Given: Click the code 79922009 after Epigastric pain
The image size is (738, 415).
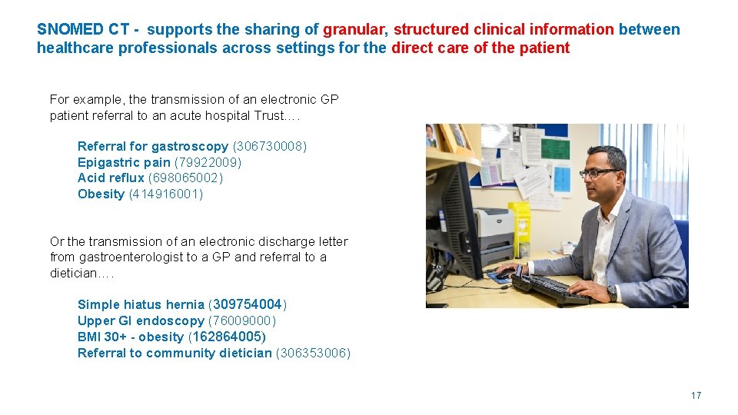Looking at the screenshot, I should point(208,162).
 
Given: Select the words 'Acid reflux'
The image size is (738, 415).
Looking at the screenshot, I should point(111,178).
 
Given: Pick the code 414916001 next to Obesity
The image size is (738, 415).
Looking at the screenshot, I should point(166,194).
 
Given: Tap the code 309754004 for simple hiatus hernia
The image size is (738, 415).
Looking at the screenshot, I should point(248,304).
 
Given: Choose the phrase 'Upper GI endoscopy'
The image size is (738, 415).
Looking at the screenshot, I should point(141,320).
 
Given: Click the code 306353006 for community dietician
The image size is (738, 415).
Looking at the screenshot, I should point(313,353).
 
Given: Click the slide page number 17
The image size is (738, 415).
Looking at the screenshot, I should point(696,395).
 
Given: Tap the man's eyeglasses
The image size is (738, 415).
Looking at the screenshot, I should point(600,173).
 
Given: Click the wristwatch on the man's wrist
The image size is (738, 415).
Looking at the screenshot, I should point(612,293).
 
